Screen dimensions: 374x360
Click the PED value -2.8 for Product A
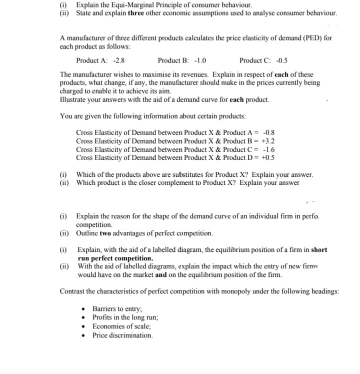(119, 61)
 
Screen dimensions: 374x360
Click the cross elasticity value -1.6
(268, 149)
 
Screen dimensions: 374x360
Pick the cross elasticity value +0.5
(267, 157)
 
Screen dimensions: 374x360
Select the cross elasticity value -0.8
(268, 133)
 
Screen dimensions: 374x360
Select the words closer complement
(144, 183)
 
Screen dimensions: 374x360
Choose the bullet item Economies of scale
(121, 326)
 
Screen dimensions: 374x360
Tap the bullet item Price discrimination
(122, 335)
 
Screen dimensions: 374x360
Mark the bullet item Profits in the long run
(125, 317)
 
